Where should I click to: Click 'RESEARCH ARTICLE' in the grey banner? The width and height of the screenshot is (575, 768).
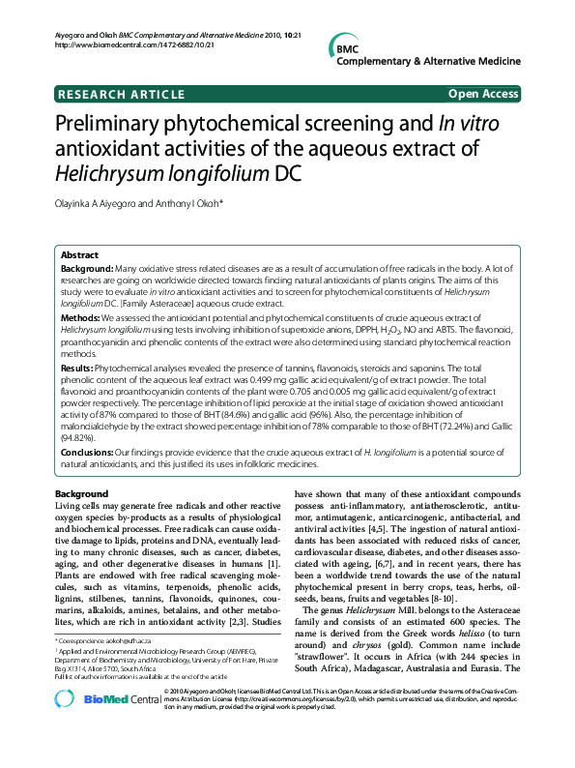tap(121, 94)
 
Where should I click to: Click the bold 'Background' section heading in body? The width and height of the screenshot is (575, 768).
tap(81, 493)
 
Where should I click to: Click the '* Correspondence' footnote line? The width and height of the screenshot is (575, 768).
tap(106, 641)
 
